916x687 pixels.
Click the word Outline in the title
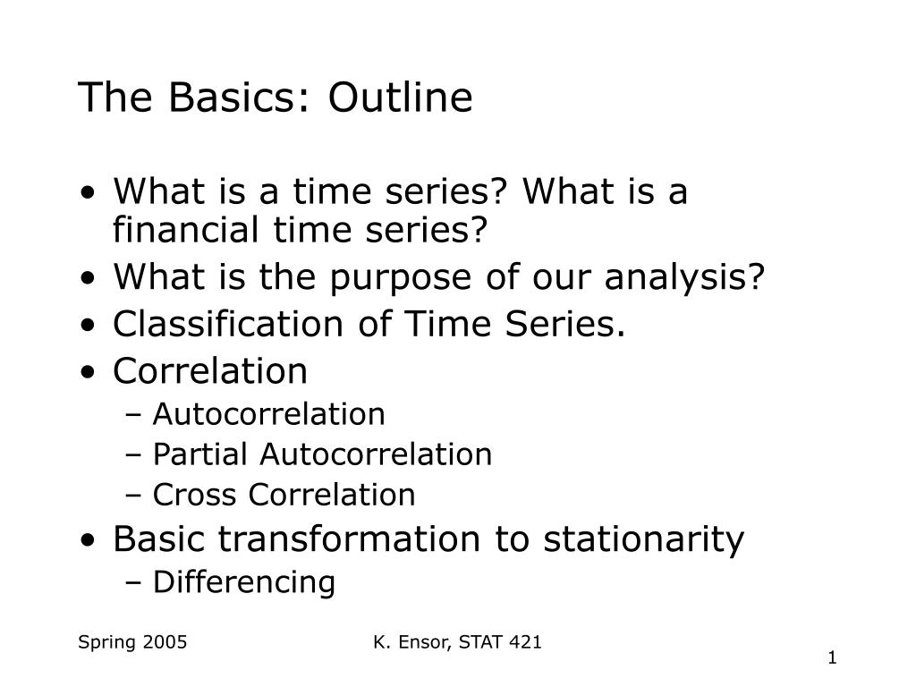(x=400, y=97)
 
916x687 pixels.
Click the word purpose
(x=400, y=278)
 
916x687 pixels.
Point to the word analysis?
(x=684, y=278)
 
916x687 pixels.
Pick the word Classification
(x=228, y=323)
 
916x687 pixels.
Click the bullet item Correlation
(x=210, y=370)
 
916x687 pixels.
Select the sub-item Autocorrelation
(x=268, y=414)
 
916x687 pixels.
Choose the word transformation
(x=350, y=539)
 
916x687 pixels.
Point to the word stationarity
(x=644, y=540)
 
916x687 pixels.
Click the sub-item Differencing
(x=244, y=582)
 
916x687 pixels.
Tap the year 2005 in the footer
(x=165, y=642)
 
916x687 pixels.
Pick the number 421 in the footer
(x=525, y=642)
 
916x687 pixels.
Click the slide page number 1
(x=833, y=657)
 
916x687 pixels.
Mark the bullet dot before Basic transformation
(x=88, y=540)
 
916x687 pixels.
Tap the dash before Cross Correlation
(x=133, y=496)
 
